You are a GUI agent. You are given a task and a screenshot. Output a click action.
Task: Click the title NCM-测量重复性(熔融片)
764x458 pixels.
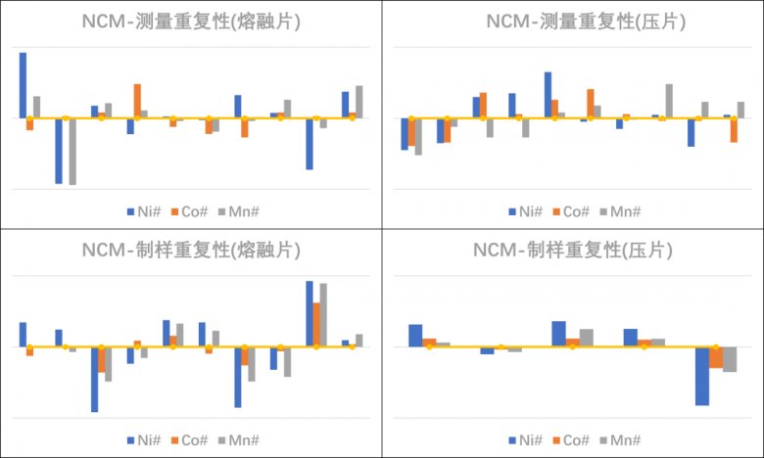pyautogui.click(x=191, y=22)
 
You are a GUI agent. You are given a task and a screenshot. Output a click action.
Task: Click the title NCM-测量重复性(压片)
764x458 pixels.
pyautogui.click(x=573, y=22)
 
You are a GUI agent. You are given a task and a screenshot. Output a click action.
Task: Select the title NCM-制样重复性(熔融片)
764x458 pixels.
pyautogui.click(x=191, y=251)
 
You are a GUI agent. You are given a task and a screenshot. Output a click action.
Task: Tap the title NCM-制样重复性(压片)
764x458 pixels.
pyautogui.click(x=573, y=251)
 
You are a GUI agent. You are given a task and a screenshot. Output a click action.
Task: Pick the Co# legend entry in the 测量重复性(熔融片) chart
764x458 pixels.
pyautogui.click(x=191, y=210)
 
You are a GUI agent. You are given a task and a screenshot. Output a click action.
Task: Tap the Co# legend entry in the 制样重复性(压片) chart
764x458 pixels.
pyautogui.click(x=573, y=439)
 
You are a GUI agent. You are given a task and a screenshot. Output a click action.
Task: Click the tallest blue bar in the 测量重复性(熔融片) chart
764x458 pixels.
pyautogui.click(x=23, y=85)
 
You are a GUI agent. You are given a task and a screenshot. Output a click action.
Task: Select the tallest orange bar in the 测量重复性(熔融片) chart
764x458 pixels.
pyautogui.click(x=137, y=101)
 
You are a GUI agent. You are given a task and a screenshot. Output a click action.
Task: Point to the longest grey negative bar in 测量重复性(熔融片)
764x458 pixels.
pyautogui.click(x=72, y=151)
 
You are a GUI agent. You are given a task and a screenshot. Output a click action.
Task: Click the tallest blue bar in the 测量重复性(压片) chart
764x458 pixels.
pyautogui.click(x=548, y=95)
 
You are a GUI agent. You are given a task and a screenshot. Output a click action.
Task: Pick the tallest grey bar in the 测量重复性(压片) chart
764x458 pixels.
pyautogui.click(x=669, y=101)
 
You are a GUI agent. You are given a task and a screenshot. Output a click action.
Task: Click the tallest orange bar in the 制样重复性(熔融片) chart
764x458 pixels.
pyautogui.click(x=316, y=325)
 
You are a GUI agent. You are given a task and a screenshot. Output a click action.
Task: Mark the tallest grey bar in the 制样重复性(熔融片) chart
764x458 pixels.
pyautogui.click(x=323, y=315)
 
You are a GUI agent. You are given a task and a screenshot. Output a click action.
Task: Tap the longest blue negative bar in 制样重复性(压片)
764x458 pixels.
pyautogui.click(x=702, y=376)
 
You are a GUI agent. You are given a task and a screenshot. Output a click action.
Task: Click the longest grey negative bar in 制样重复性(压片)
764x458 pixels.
pyautogui.click(x=730, y=359)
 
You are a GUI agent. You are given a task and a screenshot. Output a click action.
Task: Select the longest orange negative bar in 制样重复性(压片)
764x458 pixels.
pyautogui.click(x=716, y=357)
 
